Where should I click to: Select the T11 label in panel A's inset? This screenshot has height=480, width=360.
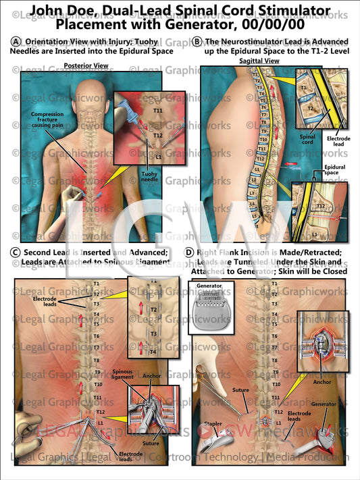coord(157,110)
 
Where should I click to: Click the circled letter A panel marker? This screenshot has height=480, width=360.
coord(16,41)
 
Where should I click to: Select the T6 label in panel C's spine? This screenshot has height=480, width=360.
coord(96,336)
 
